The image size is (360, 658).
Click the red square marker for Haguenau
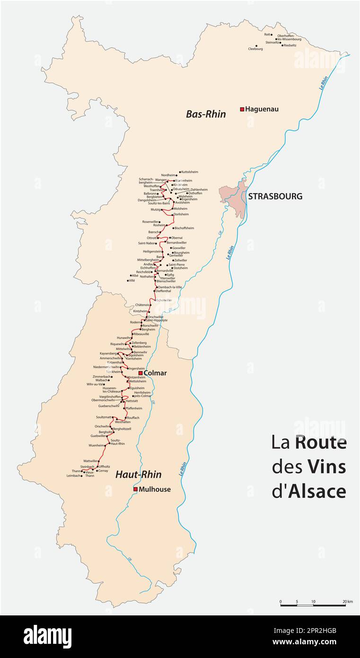coord(242,109)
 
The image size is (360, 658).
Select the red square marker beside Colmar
coord(140,373)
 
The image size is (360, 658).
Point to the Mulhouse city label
coord(155,489)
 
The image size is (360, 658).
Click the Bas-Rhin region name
coord(206,114)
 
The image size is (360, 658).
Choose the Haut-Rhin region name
coord(139,474)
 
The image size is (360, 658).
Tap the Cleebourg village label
coord(255,49)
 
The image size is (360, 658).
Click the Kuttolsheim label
coord(190,172)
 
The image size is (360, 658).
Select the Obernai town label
coord(176,238)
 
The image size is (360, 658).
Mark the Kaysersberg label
coord(108,353)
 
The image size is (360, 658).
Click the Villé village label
coord(132,280)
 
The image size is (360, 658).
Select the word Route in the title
coord(321,443)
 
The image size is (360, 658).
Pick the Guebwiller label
coord(98,436)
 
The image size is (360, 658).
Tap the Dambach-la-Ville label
coord(170,287)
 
